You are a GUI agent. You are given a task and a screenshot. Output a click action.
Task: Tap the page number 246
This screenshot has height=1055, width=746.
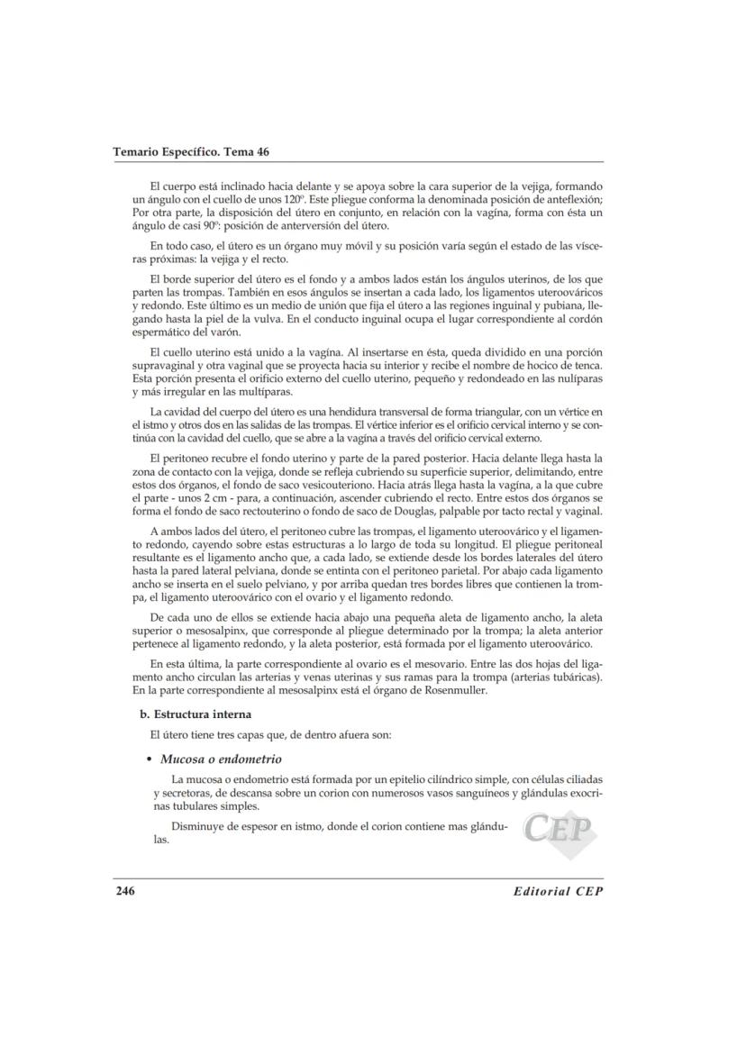coord(124,891)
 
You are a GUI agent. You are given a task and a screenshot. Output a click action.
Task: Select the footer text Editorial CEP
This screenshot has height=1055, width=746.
coord(557,891)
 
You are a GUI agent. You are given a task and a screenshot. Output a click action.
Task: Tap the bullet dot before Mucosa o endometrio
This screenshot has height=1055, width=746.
coord(148,759)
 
